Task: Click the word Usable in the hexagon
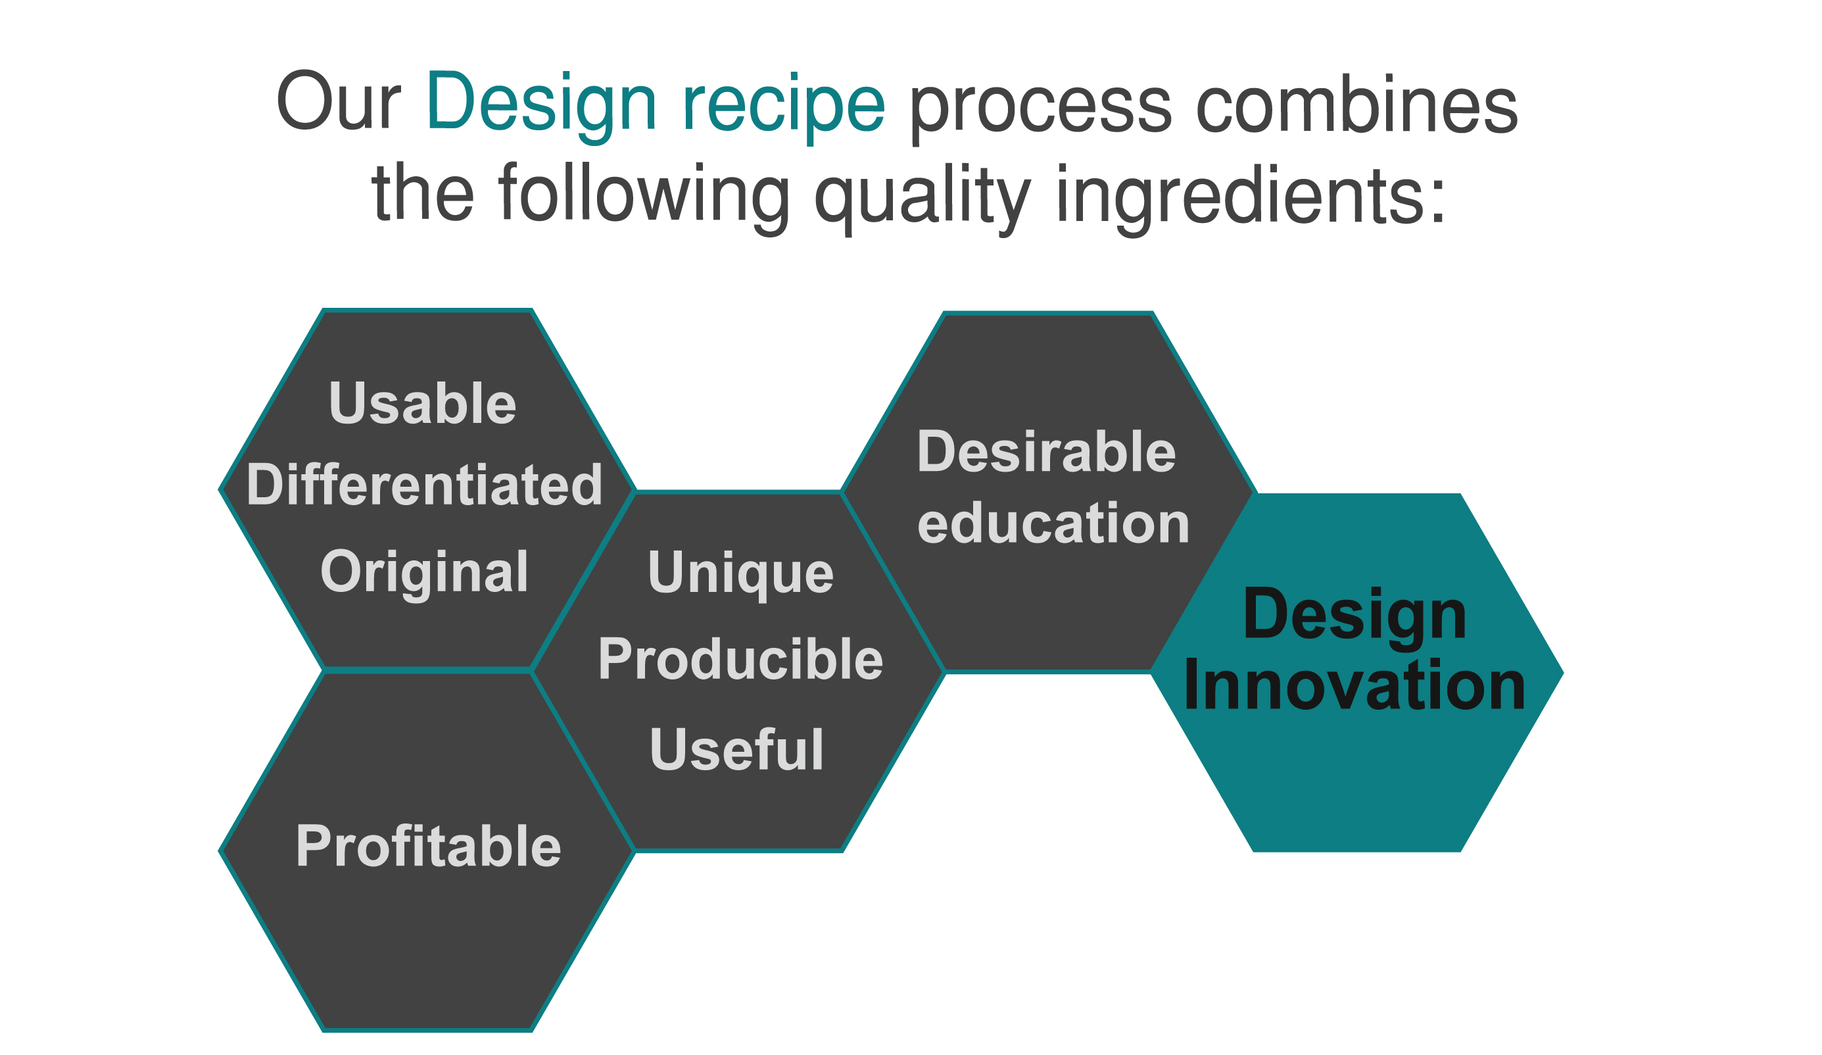click(x=422, y=403)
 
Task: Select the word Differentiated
click(x=424, y=485)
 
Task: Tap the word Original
click(x=424, y=573)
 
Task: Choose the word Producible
click(x=740, y=660)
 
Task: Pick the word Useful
click(x=736, y=750)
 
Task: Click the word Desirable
click(x=1046, y=452)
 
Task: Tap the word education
click(x=1053, y=523)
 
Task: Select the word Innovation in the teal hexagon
click(x=1355, y=685)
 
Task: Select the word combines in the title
click(x=1357, y=102)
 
